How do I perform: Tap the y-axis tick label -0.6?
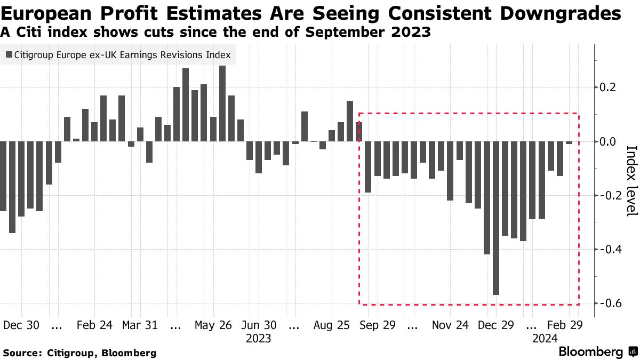tap(610, 303)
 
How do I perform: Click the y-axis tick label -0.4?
tap(610, 249)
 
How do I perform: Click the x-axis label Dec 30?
tap(21, 325)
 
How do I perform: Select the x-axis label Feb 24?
tap(94, 325)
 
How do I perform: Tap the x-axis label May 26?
tap(213, 325)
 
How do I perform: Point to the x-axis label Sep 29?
tap(377, 325)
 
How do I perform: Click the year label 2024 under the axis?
tap(545, 338)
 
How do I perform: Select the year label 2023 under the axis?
tap(259, 338)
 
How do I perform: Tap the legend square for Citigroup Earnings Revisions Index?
tap(9, 54)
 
